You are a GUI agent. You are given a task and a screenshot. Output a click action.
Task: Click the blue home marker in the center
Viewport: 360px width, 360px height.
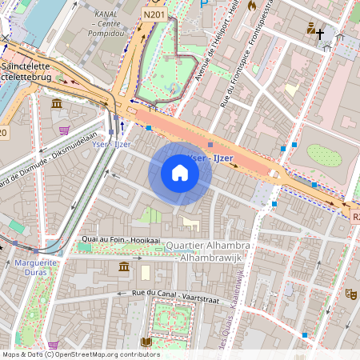(180, 173)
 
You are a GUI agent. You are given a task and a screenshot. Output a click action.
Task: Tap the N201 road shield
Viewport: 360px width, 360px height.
(156, 14)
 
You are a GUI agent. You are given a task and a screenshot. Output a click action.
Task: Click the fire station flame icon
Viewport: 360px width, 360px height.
(253, 6)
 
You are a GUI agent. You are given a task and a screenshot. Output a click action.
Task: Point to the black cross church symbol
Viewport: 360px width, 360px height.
(320, 34)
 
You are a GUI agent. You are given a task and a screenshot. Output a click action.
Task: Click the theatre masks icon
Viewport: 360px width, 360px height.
(350, 294)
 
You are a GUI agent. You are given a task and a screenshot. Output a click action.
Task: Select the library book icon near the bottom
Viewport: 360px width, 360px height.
(146, 342)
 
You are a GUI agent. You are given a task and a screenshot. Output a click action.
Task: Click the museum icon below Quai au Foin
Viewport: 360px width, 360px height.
(124, 266)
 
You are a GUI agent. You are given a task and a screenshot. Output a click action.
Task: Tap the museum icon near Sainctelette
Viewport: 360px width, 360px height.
(57, 105)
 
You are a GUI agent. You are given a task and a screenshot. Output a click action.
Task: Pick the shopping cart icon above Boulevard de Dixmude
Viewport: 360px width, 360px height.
(64, 129)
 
